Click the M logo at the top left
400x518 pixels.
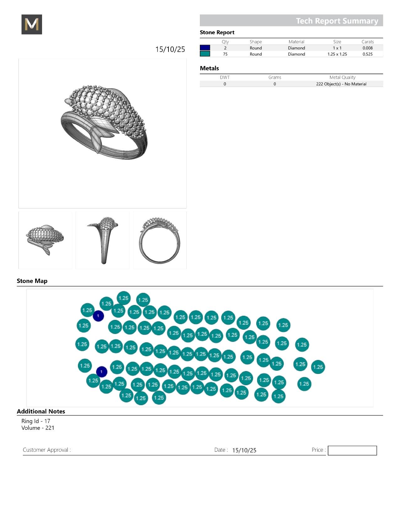point(32,24)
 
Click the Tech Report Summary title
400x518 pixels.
point(337,21)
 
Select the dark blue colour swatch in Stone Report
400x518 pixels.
point(205,48)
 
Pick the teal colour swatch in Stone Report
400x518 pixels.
point(205,54)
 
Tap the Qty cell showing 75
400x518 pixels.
point(225,54)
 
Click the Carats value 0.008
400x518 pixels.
point(367,48)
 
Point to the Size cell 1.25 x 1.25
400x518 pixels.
point(337,54)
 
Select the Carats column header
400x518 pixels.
point(368,42)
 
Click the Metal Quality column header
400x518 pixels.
point(342,77)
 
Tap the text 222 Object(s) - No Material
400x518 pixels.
point(341,84)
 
